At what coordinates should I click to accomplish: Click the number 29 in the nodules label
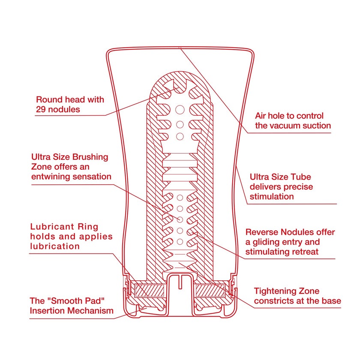pyautogui.click(x=41, y=110)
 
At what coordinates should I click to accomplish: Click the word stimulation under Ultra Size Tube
pyautogui.click(x=272, y=197)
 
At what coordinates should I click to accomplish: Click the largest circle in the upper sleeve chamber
pyautogui.click(x=180, y=110)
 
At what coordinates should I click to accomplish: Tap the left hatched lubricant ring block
pyautogui.click(x=149, y=290)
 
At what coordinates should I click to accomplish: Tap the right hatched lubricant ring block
pyautogui.click(x=210, y=290)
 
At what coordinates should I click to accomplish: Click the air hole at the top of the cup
pyautogui.click(x=180, y=48)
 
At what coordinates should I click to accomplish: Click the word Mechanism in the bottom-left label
pyautogui.click(x=91, y=311)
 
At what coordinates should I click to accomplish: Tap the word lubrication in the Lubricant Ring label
pyautogui.click(x=55, y=246)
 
